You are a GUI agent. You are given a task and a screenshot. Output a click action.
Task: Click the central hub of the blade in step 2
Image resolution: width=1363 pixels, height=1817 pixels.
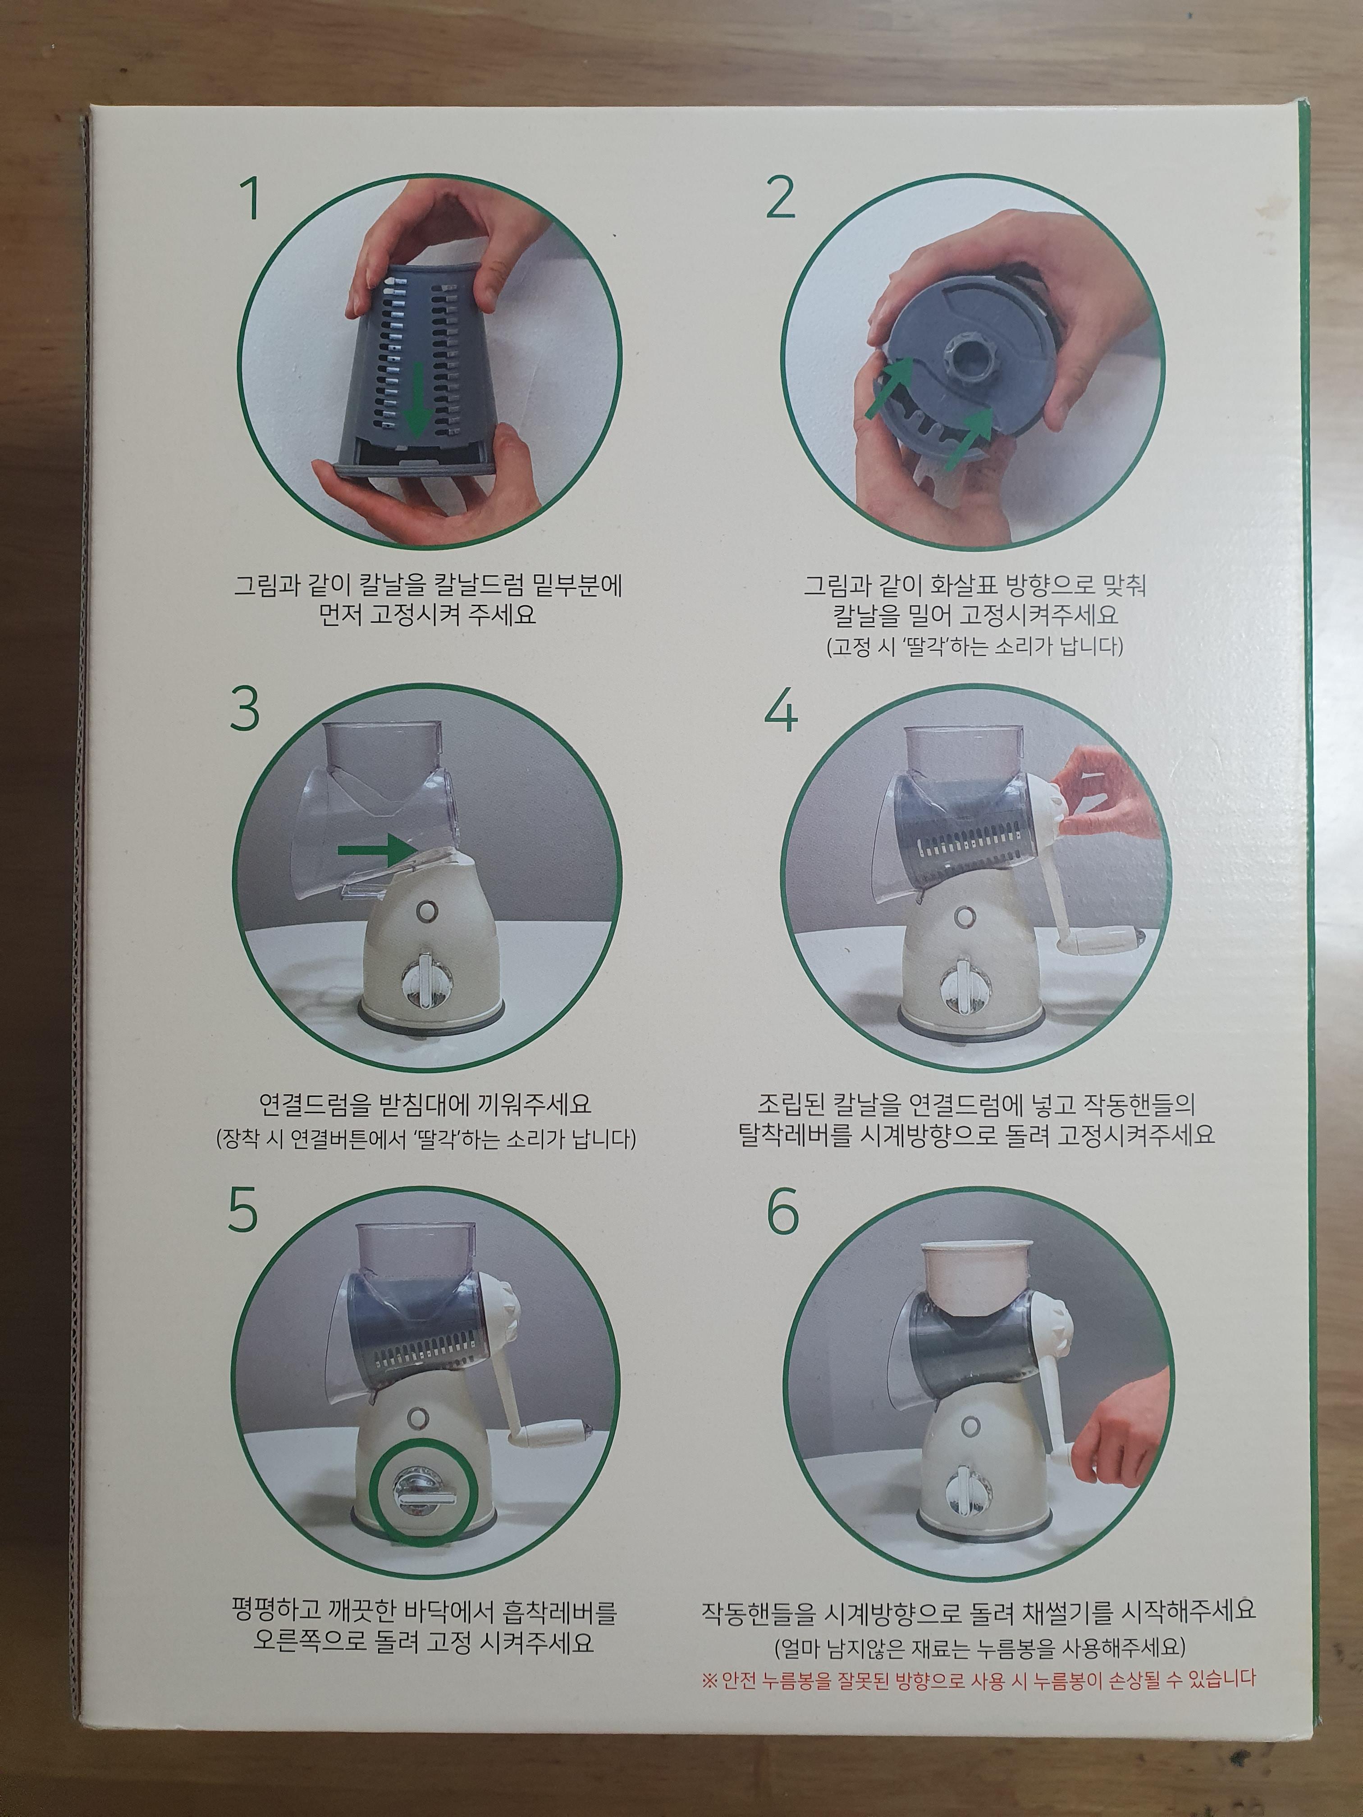971,365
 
